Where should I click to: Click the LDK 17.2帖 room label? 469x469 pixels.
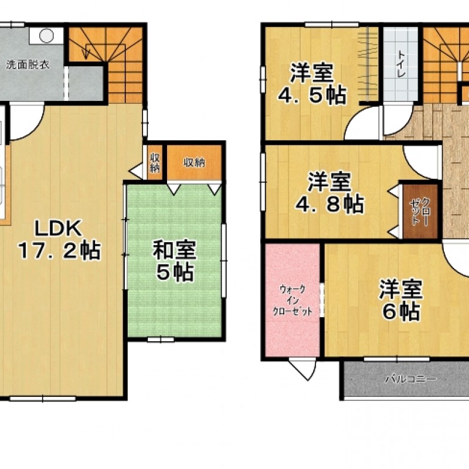(59, 239)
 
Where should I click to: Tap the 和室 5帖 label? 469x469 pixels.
(174, 260)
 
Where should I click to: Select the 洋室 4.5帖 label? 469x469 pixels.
(312, 84)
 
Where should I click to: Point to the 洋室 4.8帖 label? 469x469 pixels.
(329, 193)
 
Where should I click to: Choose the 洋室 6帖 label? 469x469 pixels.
(401, 300)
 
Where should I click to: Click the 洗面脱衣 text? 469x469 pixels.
(28, 65)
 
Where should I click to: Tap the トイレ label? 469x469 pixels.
(401, 64)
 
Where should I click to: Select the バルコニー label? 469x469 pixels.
(410, 379)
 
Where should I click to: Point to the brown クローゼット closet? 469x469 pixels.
(420, 211)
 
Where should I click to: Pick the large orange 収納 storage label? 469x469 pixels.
(195, 163)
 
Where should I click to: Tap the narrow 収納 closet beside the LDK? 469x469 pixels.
(155, 162)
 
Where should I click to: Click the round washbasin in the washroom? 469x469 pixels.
(47, 36)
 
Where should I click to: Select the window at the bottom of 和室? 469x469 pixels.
(161, 339)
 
